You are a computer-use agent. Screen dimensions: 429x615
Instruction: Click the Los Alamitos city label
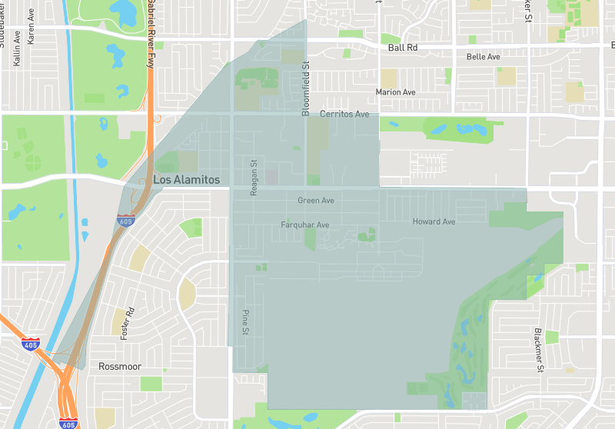187,180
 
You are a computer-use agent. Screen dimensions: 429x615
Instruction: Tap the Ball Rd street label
403,48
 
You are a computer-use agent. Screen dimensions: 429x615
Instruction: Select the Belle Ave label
484,57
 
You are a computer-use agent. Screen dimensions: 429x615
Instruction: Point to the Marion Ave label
395,92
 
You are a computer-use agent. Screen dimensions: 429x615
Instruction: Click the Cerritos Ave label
344,114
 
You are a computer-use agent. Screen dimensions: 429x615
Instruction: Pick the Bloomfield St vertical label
305,89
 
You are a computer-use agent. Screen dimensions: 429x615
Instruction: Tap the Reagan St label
254,178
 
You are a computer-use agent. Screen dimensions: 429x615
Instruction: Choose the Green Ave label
316,201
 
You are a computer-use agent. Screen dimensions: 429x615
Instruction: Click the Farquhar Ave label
305,225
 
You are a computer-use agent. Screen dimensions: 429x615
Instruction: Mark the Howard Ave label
434,222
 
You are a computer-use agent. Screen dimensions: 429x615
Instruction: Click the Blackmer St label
539,351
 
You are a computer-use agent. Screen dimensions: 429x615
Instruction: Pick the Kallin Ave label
17,52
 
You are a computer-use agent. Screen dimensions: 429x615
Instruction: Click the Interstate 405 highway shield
31,344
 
